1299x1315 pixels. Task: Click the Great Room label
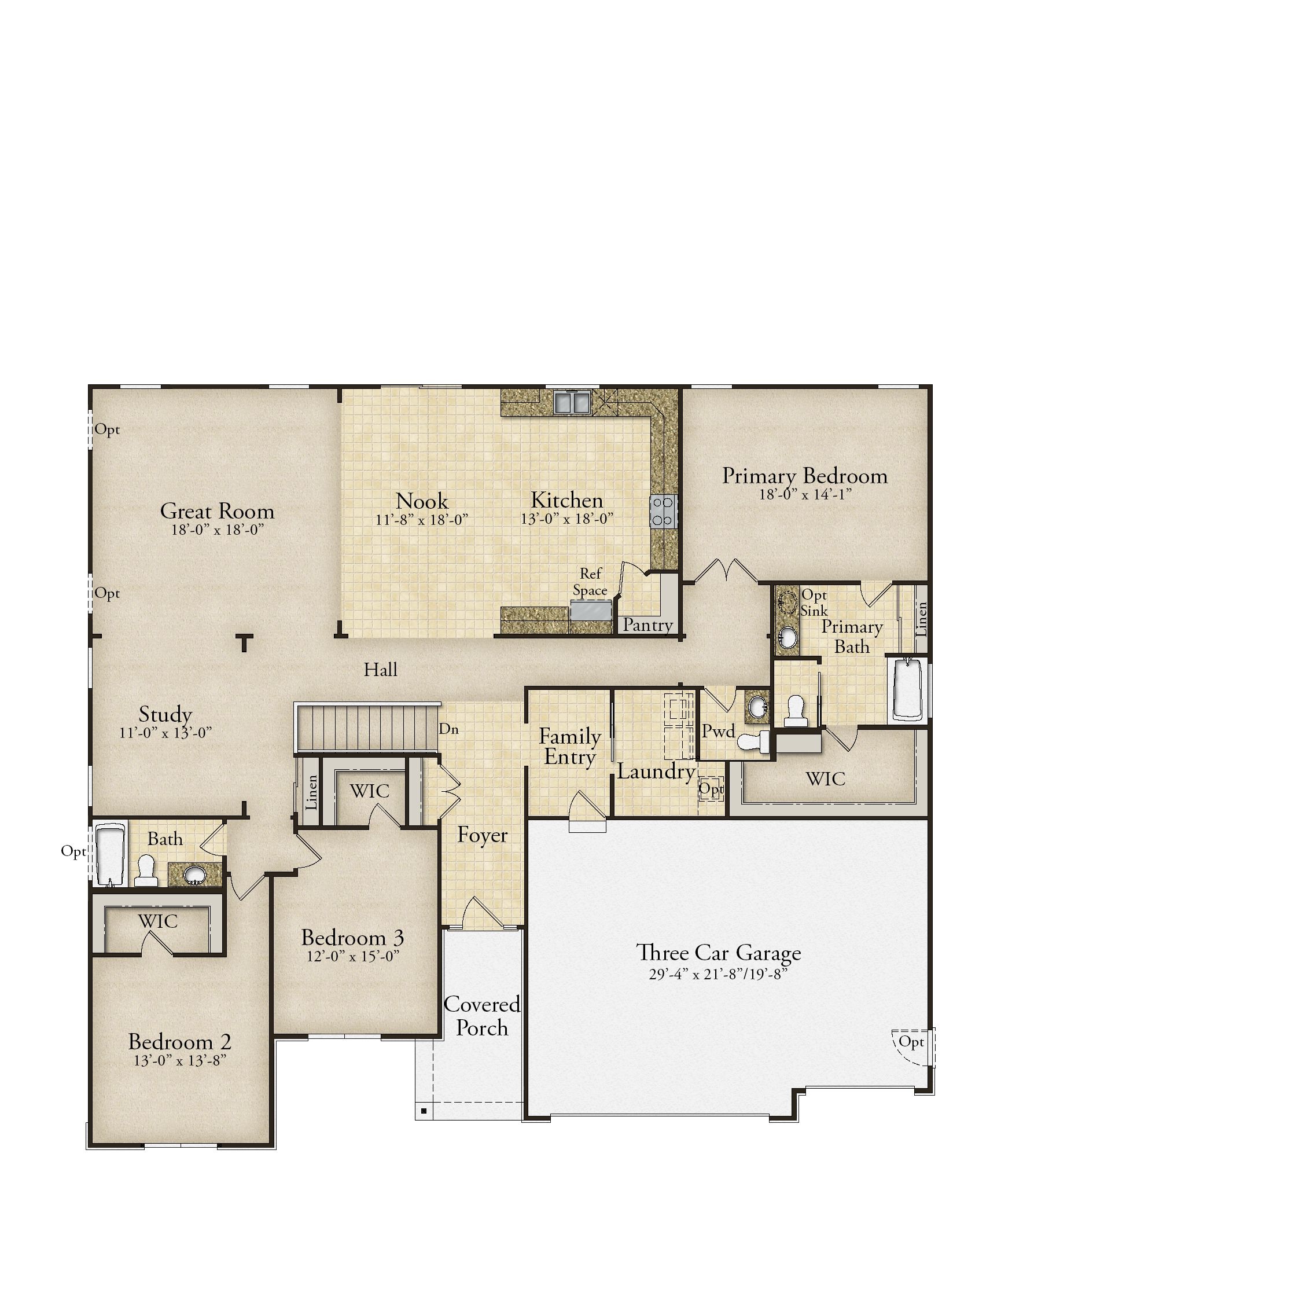click(217, 511)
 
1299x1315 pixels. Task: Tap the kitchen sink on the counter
click(572, 402)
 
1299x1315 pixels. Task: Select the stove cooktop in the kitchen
click(664, 511)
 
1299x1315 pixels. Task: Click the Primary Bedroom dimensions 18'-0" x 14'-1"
click(805, 495)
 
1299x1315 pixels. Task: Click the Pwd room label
click(719, 732)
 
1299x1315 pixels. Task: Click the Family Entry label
click(569, 747)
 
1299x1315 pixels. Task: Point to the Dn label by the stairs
click(448, 729)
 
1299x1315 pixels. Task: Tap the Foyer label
click(482, 835)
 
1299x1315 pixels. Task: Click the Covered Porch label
click(482, 1016)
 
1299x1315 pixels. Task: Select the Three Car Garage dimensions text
click(718, 974)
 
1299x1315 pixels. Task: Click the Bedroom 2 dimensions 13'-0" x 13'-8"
click(179, 1060)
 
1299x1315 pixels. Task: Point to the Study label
click(165, 714)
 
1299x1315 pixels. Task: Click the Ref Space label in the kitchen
click(590, 582)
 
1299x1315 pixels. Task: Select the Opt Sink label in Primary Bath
click(814, 603)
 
